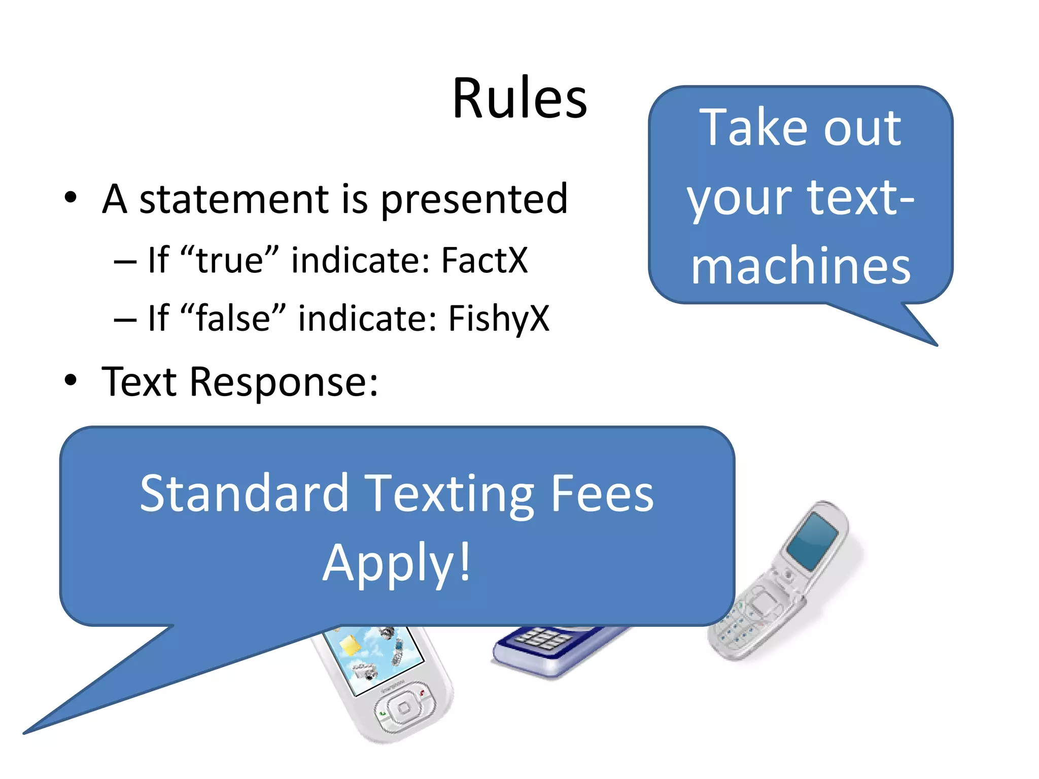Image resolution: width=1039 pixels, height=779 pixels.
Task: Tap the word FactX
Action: click(484, 260)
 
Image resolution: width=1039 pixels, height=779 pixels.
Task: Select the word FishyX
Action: click(499, 318)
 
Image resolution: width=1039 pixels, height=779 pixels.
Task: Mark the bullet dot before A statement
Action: click(71, 197)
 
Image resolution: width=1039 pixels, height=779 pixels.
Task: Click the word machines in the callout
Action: click(801, 265)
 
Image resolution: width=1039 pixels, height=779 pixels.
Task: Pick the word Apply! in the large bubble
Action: click(397, 563)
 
